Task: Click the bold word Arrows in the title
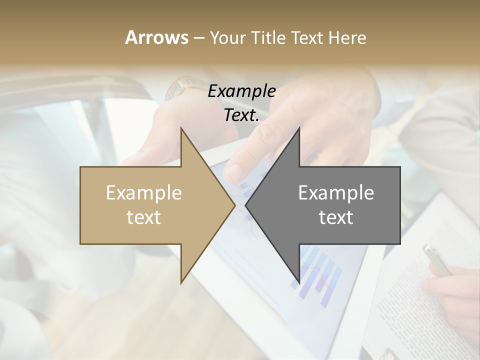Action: pos(156,37)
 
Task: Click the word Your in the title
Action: pos(227,38)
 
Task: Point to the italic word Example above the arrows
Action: pos(241,91)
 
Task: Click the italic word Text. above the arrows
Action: pos(241,115)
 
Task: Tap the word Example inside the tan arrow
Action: pos(144,193)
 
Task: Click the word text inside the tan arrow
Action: pos(144,217)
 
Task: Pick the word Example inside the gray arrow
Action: pos(336,193)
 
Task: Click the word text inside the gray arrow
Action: pos(336,217)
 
